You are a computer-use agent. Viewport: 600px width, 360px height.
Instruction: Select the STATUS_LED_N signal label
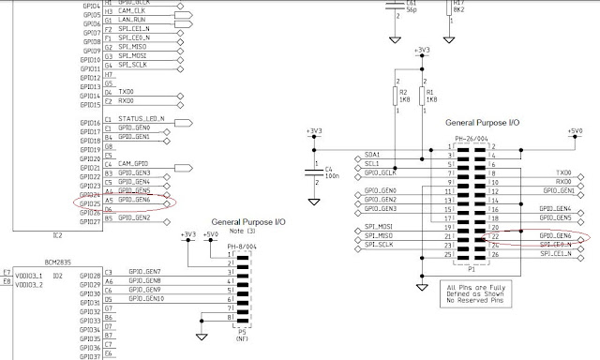[139, 119]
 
